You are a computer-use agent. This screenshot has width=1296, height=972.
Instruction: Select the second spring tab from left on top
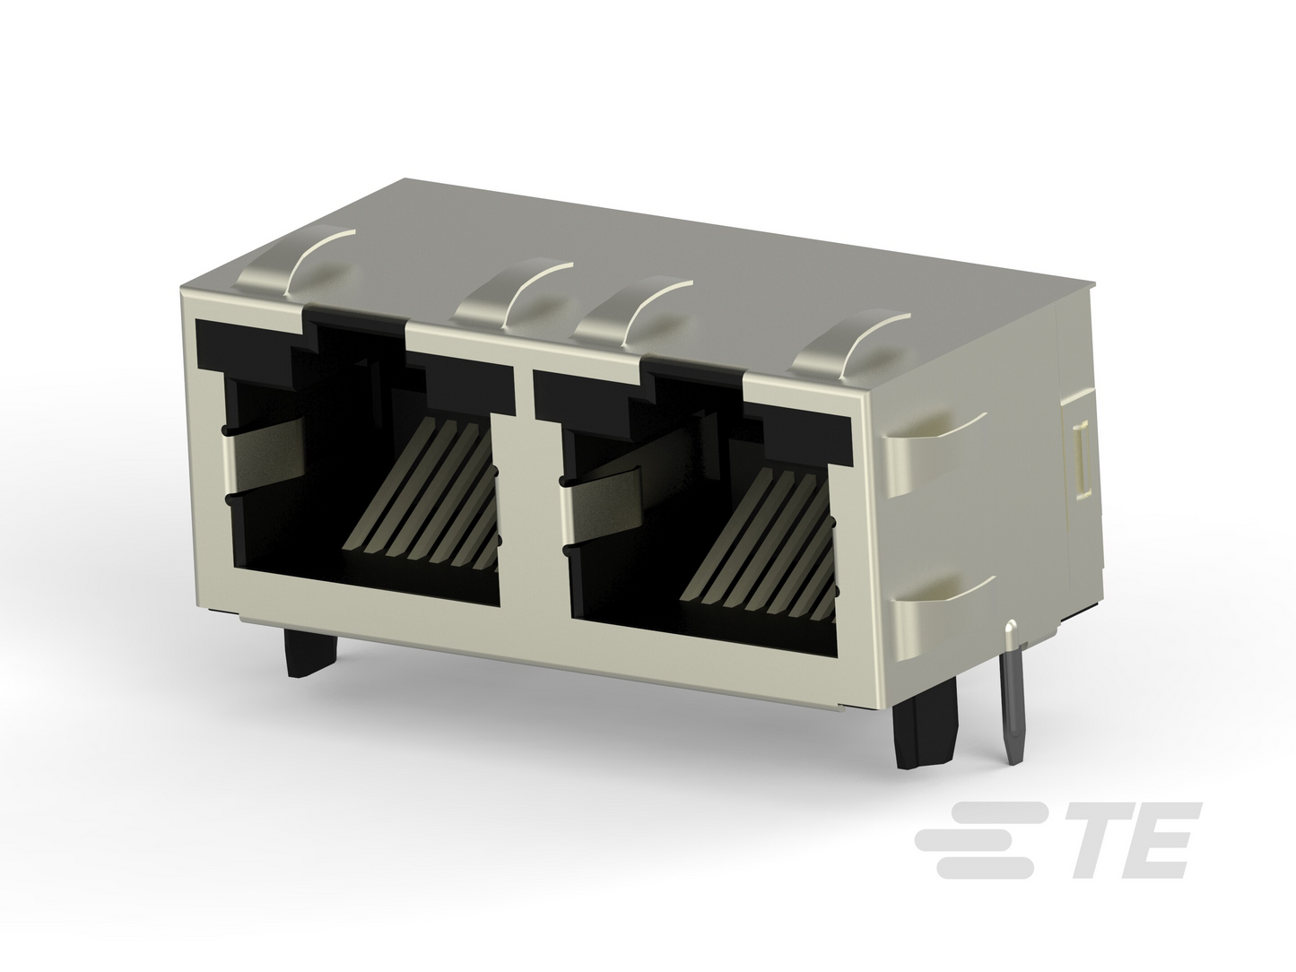pos(512,294)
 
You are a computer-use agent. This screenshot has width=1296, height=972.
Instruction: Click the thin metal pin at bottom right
pos(1012,691)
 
